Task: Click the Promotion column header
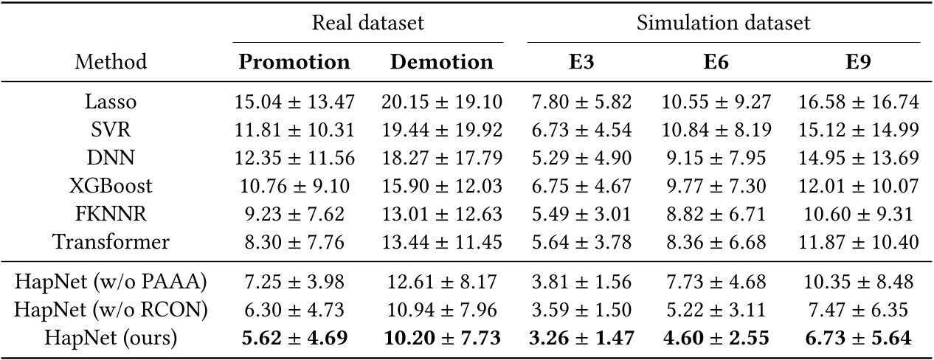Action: point(294,62)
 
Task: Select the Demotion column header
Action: point(442,62)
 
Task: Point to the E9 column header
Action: point(858,62)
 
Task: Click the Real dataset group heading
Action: point(367,23)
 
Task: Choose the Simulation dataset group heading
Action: point(723,23)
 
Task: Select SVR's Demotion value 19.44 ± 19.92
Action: point(442,131)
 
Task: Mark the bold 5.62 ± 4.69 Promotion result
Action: point(294,339)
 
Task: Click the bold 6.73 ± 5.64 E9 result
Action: point(858,339)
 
